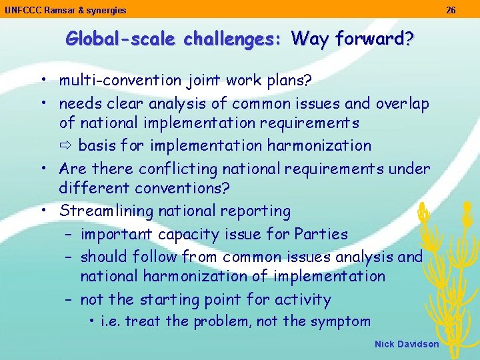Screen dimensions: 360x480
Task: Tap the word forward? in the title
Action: (x=374, y=39)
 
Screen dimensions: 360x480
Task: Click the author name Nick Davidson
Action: (x=407, y=344)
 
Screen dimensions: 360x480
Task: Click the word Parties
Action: (x=321, y=234)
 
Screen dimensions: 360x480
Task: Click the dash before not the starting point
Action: (x=69, y=300)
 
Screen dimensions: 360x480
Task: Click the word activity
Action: (x=299, y=300)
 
